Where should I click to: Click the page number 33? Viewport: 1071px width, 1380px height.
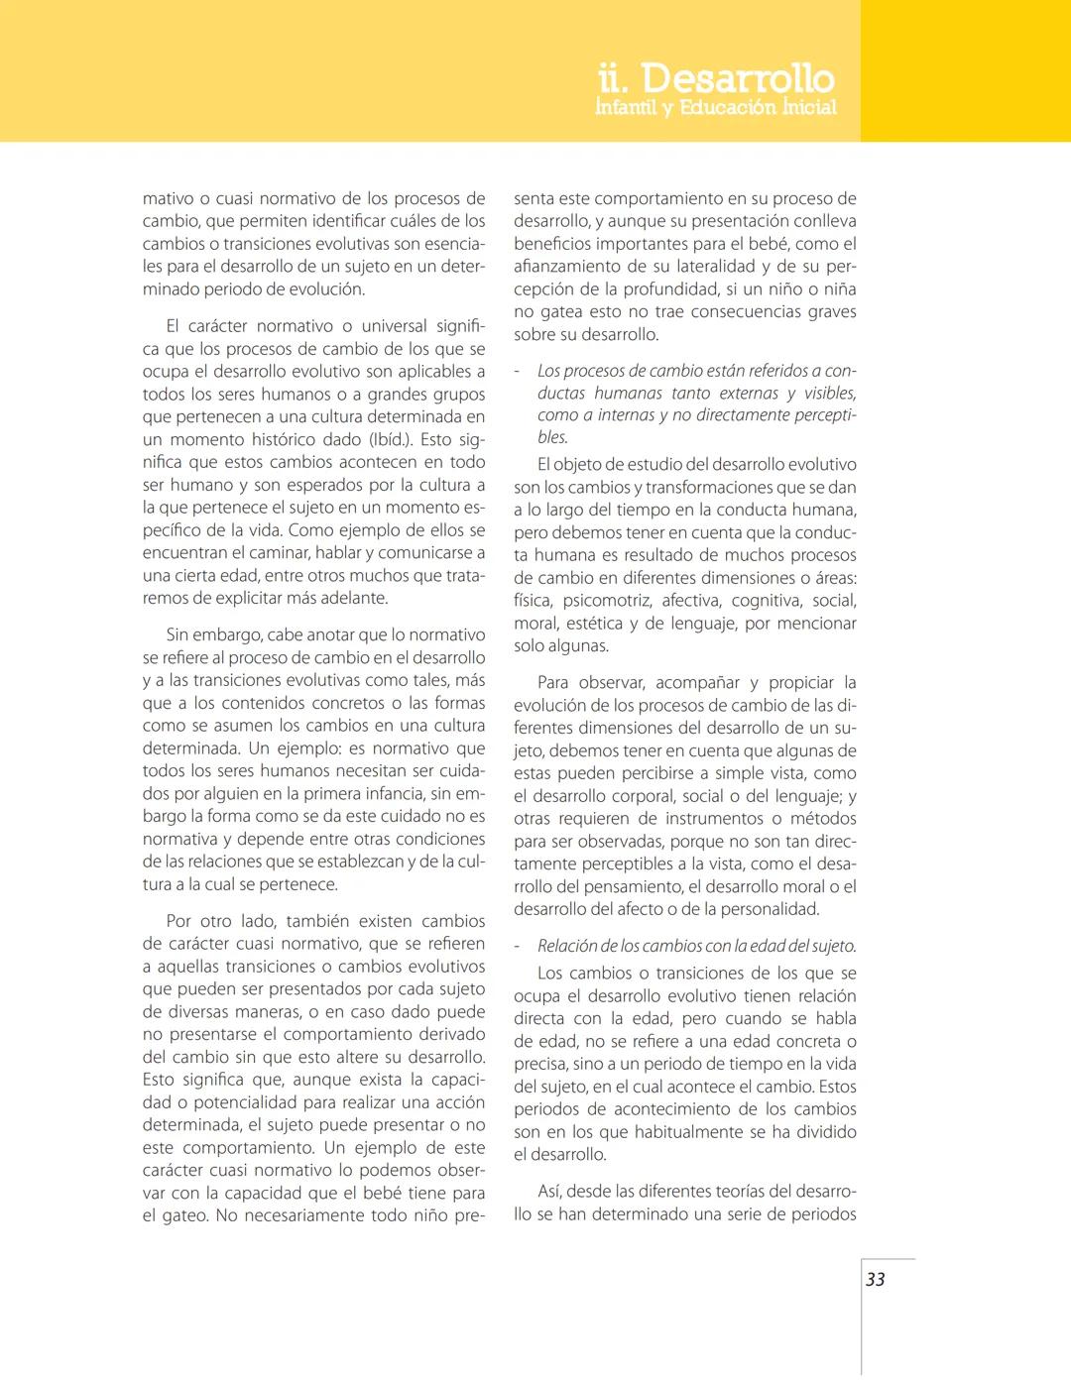pos(875,1279)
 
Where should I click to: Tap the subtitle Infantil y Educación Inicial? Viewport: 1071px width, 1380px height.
pos(715,107)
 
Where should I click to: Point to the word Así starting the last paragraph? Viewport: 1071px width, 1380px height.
pos(549,1191)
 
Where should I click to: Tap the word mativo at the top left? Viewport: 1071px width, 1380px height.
pos(169,198)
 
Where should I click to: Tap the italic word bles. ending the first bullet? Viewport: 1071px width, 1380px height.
pos(552,437)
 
